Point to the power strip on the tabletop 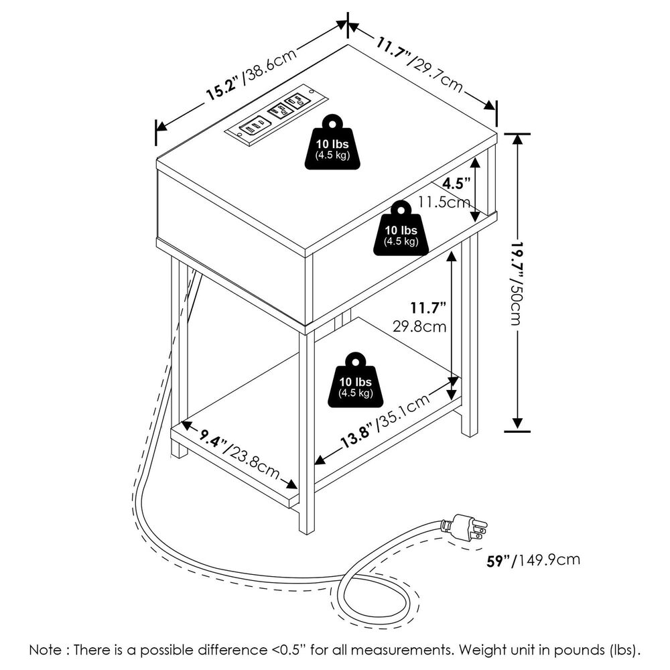coord(276,114)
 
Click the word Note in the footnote coord(47,649)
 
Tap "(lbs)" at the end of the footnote coord(627,649)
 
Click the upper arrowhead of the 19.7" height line coord(517,138)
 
